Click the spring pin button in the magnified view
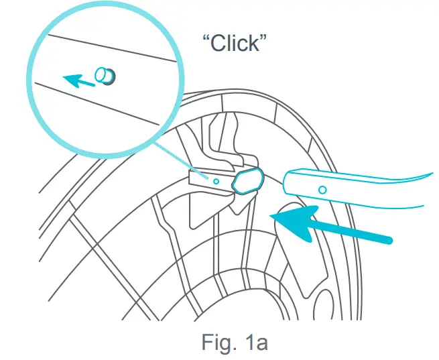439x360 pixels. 105,75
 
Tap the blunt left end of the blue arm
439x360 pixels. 286,183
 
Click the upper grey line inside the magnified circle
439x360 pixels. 107,47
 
